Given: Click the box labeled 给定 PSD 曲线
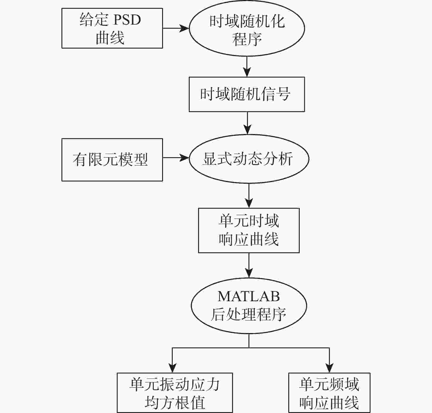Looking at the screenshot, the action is pyautogui.click(x=112, y=28).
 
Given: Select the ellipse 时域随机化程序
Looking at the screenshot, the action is pyautogui.click(x=247, y=28).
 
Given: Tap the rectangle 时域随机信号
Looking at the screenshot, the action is pyautogui.click(x=247, y=94).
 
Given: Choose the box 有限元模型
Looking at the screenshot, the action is pyautogui.click(x=112, y=160).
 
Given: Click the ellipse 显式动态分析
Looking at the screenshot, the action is pyautogui.click(x=249, y=159).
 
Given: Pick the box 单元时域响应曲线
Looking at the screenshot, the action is pyautogui.click(x=249, y=230).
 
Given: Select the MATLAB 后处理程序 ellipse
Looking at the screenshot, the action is pyautogui.click(x=249, y=306).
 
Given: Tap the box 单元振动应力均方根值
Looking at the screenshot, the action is pyautogui.click(x=175, y=393).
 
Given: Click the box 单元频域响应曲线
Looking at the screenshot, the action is pyautogui.click(x=330, y=393).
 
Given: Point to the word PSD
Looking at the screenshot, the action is pyautogui.click(x=127, y=20).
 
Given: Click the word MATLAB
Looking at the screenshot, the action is pyautogui.click(x=248, y=297).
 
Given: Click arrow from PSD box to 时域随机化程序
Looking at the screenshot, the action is pyautogui.click(x=176, y=28).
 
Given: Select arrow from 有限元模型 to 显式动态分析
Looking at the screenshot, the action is pyautogui.click(x=176, y=158).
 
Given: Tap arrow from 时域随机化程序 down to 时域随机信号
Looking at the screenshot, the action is pyautogui.click(x=247, y=67).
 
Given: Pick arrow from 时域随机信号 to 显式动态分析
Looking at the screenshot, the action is pyautogui.click(x=248, y=123).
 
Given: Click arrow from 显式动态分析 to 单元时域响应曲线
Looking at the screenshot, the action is pyautogui.click(x=249, y=196).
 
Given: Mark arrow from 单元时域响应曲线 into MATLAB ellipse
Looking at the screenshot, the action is pyautogui.click(x=249, y=265).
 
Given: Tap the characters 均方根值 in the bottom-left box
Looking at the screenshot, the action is pyautogui.click(x=175, y=403).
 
